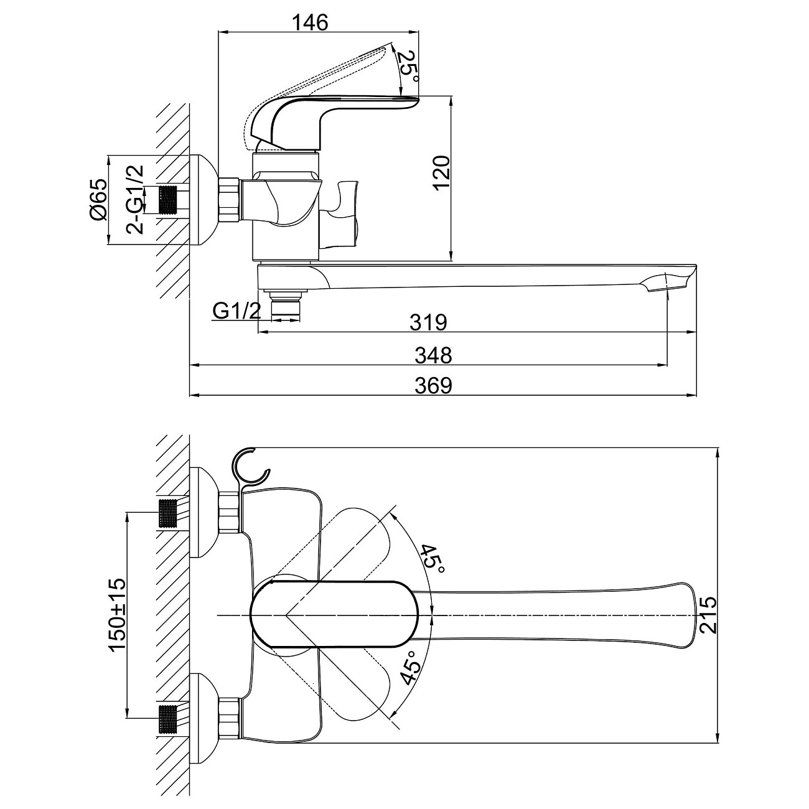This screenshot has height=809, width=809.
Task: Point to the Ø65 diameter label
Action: point(99,200)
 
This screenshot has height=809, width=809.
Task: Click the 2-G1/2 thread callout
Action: point(134,200)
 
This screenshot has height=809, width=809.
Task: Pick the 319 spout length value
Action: point(429,322)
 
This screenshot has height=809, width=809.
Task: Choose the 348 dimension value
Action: point(433,355)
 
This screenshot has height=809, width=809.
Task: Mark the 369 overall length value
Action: point(433,386)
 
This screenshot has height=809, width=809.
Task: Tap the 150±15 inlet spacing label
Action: point(118,615)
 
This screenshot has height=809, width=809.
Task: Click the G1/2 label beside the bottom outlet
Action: point(236,311)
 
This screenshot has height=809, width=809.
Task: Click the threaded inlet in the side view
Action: point(169,200)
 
